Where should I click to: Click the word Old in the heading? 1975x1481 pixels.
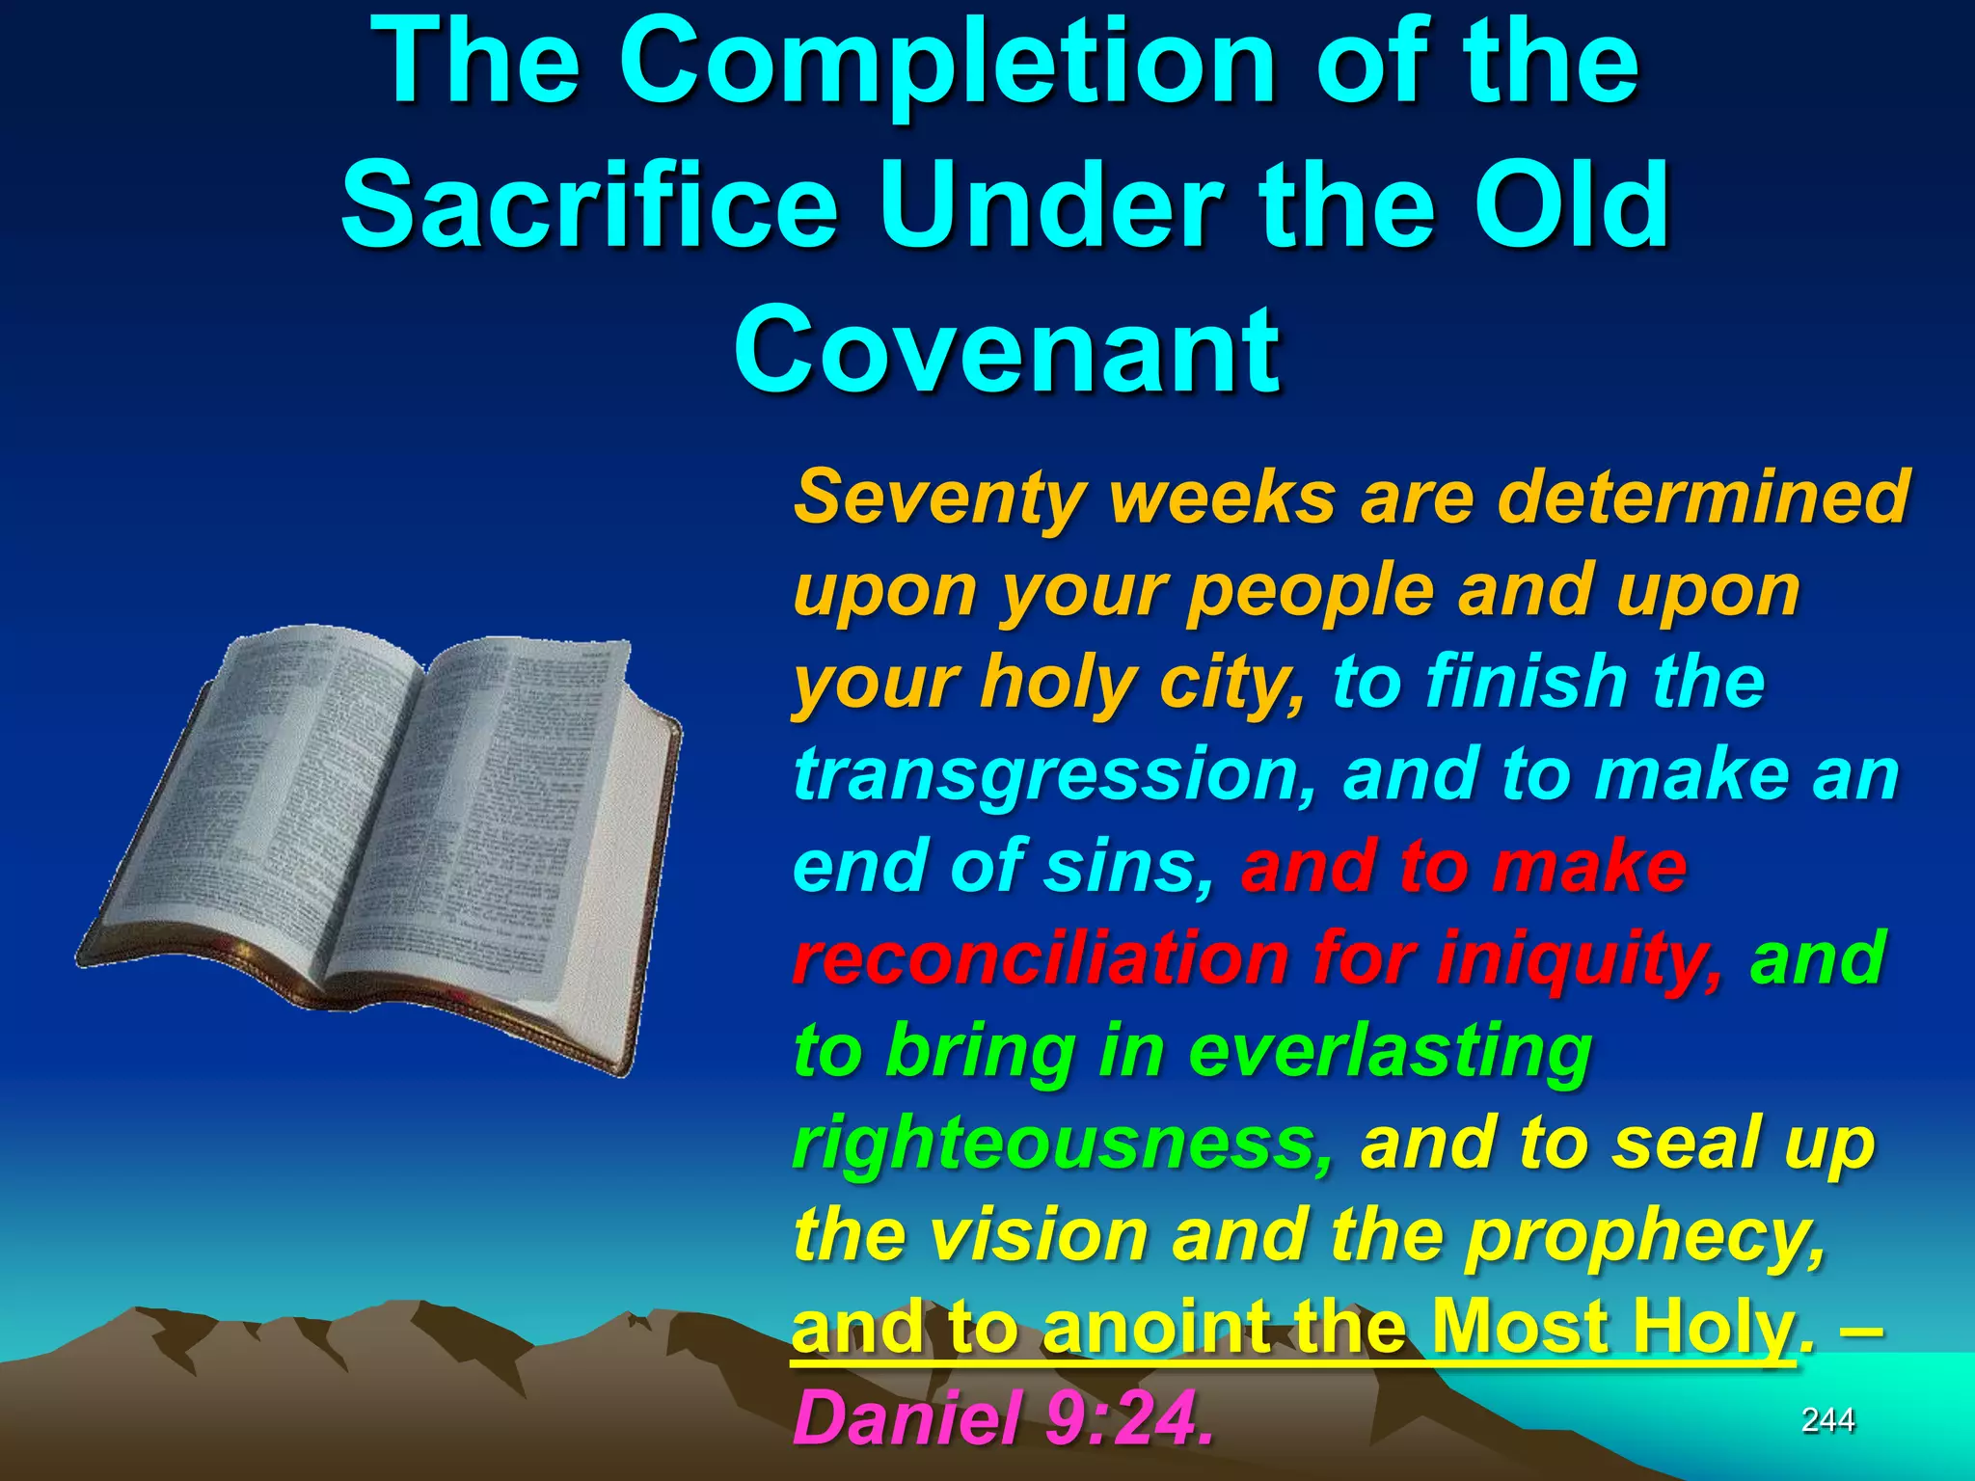1575,204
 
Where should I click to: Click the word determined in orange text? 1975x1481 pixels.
1702,497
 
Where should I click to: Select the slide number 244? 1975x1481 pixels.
1827,1420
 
